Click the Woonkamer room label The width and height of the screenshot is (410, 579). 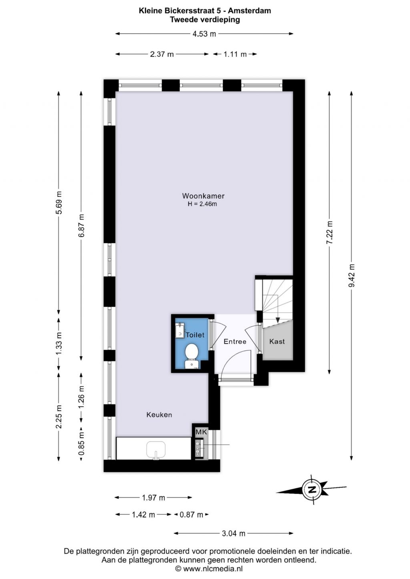tap(203, 196)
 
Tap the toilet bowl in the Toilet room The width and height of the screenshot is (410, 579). tap(191, 355)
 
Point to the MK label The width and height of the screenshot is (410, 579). tap(201, 432)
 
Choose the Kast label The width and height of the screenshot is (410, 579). tap(277, 341)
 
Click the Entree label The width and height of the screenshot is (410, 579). tap(235, 341)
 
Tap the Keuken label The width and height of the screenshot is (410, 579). tap(159, 415)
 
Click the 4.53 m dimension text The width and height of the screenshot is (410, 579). tap(204, 34)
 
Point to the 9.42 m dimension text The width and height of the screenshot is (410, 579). tap(351, 276)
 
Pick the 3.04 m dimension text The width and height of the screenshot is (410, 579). tap(233, 533)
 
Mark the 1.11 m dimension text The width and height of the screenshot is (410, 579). tap(235, 54)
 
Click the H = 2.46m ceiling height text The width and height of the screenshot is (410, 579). tap(202, 204)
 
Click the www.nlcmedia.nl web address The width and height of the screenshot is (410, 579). tap(213, 568)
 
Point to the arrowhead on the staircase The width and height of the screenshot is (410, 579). tap(278, 320)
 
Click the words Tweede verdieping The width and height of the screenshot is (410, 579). tap(205, 20)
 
